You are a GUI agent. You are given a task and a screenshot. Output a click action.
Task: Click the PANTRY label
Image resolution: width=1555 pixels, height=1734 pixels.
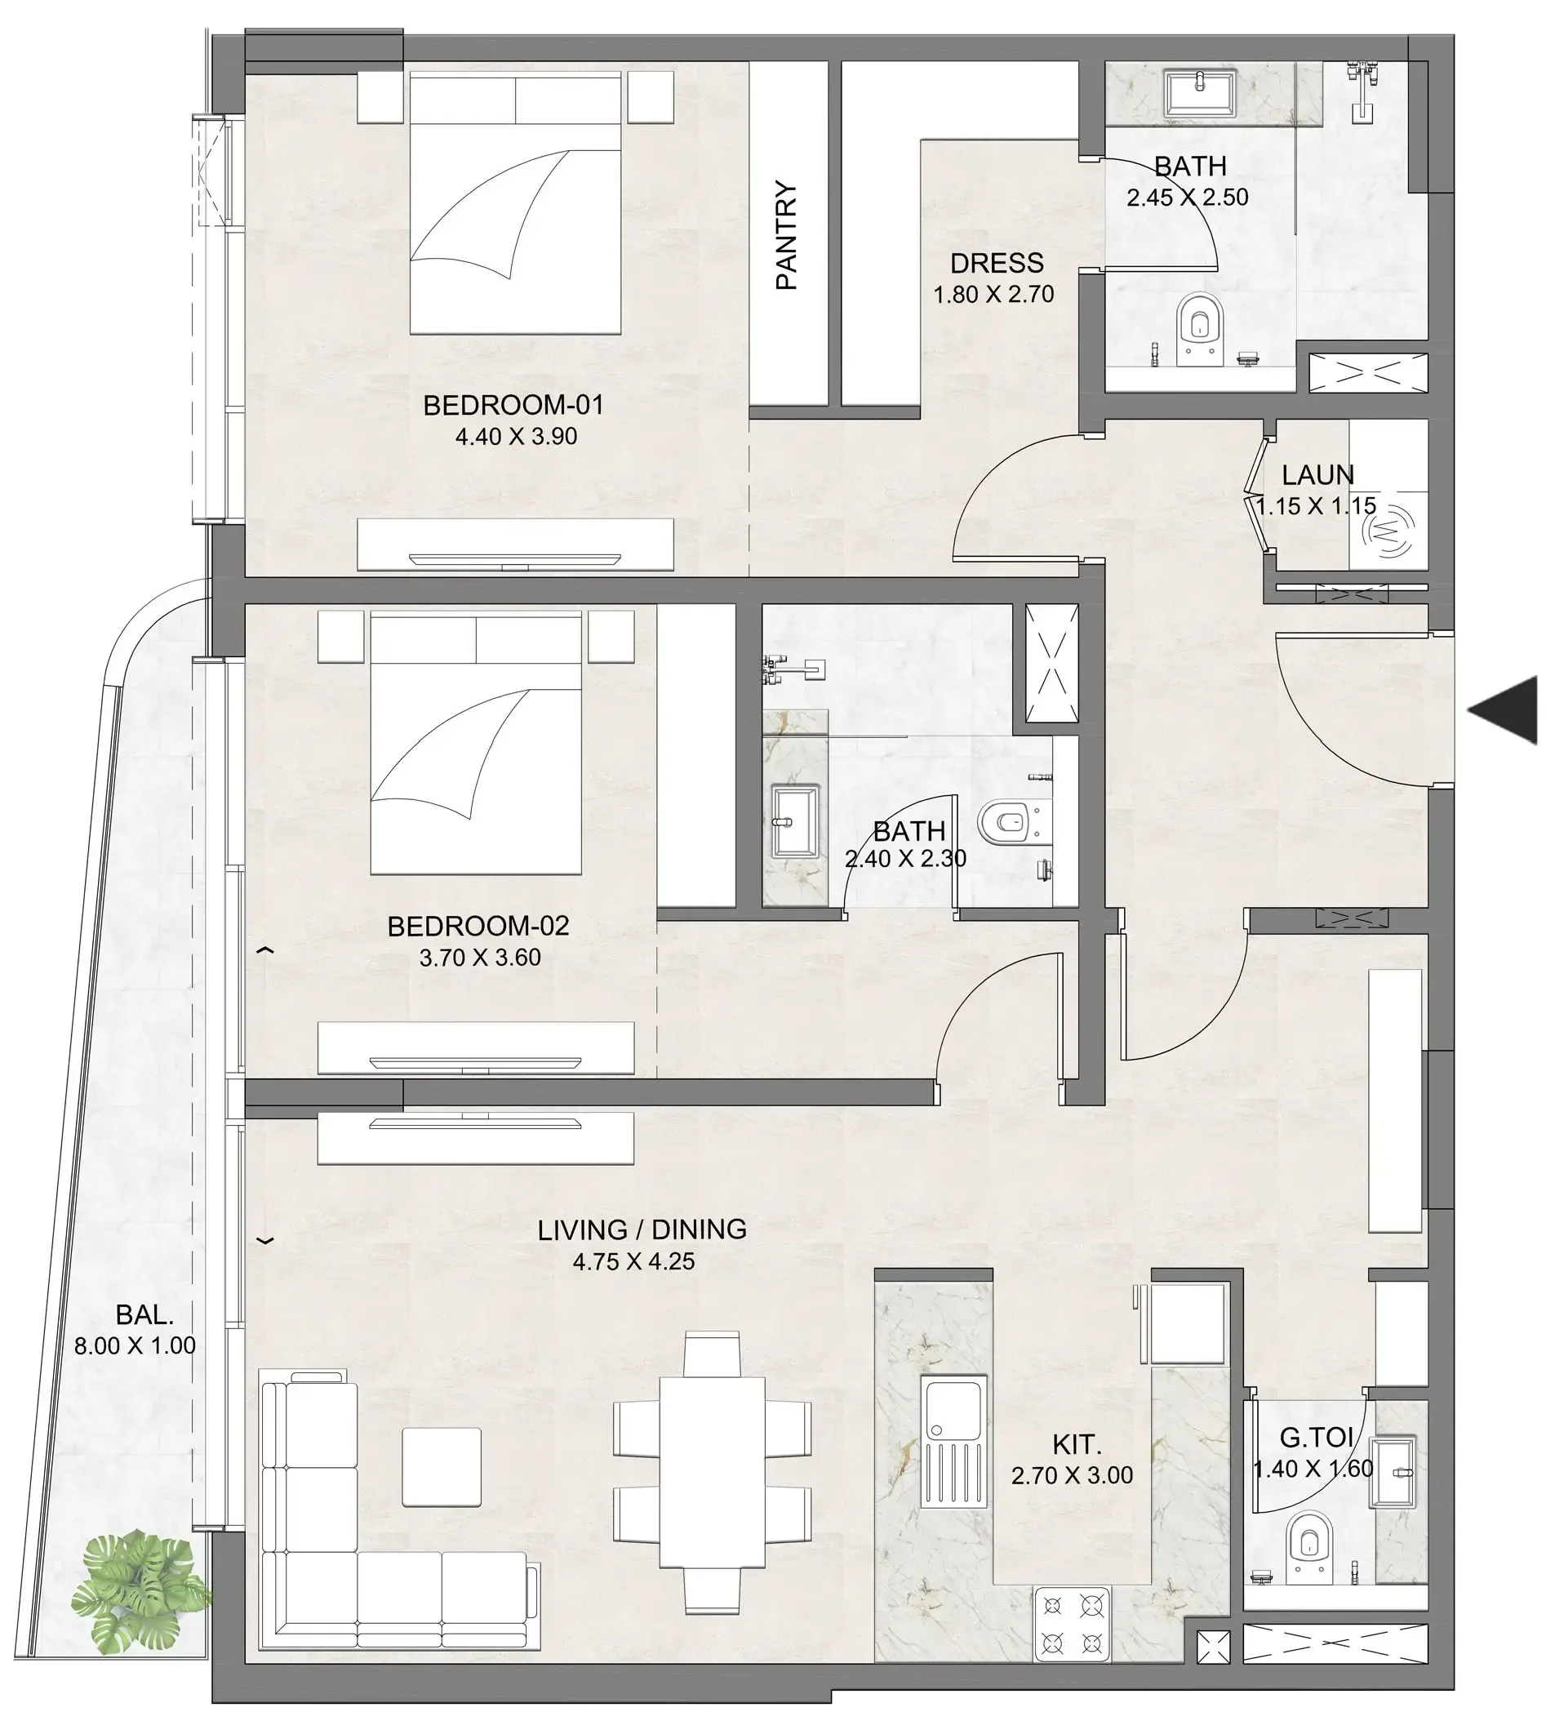786,235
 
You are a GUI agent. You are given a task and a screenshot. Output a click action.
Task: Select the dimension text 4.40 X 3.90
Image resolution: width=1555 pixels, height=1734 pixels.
516,437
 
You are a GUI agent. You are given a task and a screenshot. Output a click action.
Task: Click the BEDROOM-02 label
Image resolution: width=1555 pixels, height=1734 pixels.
478,927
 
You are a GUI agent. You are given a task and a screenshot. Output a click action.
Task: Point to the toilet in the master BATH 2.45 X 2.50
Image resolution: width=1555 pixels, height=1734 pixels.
1201,329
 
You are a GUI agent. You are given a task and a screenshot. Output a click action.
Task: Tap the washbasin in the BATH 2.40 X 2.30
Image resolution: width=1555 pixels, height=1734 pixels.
794,821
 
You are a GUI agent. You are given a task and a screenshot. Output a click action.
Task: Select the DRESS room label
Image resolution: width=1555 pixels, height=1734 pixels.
996,263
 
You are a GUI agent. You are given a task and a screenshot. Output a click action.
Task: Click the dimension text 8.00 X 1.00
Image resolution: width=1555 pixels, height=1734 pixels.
135,1346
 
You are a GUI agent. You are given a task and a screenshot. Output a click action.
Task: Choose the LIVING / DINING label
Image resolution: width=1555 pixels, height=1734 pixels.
642,1229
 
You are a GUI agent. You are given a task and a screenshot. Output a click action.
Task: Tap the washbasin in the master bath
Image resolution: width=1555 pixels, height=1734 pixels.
1201,92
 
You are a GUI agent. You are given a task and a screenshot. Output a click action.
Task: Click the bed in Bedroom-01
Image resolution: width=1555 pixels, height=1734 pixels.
515,205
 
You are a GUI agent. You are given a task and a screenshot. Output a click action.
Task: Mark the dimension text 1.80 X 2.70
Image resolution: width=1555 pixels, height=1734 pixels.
993,295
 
